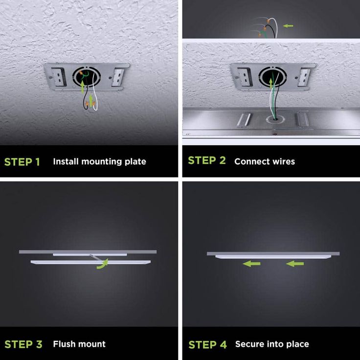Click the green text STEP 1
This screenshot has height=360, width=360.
tap(22, 162)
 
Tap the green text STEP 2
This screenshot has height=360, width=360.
tap(207, 160)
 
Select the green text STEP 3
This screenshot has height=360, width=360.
tap(23, 344)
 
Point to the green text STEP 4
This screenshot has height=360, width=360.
tap(207, 345)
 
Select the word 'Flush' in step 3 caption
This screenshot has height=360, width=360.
tap(64, 344)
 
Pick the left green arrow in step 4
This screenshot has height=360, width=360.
tap(251, 264)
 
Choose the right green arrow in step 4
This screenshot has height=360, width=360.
tap(295, 264)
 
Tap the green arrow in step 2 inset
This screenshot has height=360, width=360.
tap(288, 26)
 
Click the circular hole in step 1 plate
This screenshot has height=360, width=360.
tap(86, 77)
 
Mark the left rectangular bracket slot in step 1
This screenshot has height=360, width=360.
tap(59, 77)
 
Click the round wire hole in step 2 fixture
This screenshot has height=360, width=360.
tap(275, 119)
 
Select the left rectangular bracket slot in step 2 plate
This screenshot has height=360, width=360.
tap(245, 77)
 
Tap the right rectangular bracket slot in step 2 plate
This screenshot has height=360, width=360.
tap(304, 77)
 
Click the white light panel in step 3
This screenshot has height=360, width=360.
tap(90, 262)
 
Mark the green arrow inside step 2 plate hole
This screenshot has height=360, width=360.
tap(271, 84)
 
